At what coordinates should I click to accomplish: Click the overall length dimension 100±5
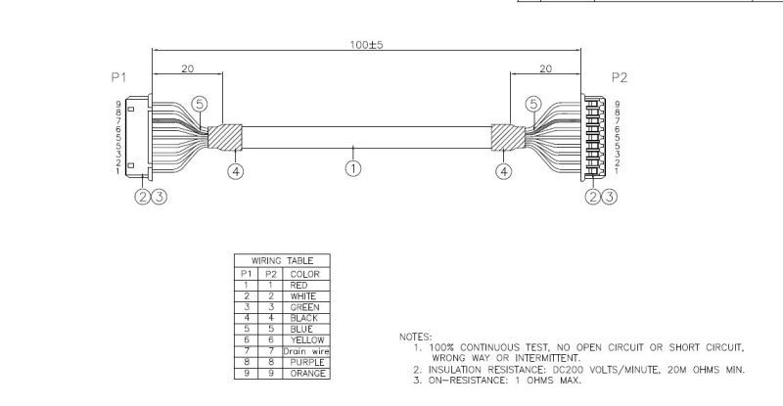point(366,44)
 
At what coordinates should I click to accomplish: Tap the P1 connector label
point(118,76)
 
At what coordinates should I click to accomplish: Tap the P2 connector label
point(619,76)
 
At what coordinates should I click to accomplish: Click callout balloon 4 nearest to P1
point(236,171)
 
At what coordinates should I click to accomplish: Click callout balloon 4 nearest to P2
point(503,171)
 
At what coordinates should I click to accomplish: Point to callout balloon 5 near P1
point(200,103)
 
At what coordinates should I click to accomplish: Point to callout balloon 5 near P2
point(533,103)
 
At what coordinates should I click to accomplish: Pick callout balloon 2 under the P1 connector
point(143,197)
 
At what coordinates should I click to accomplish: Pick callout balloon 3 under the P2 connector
point(610,197)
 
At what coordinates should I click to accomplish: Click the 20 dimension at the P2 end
point(545,69)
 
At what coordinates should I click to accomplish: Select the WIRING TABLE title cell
point(282,261)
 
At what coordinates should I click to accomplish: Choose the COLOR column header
point(303,273)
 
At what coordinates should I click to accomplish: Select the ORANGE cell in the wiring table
point(303,374)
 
